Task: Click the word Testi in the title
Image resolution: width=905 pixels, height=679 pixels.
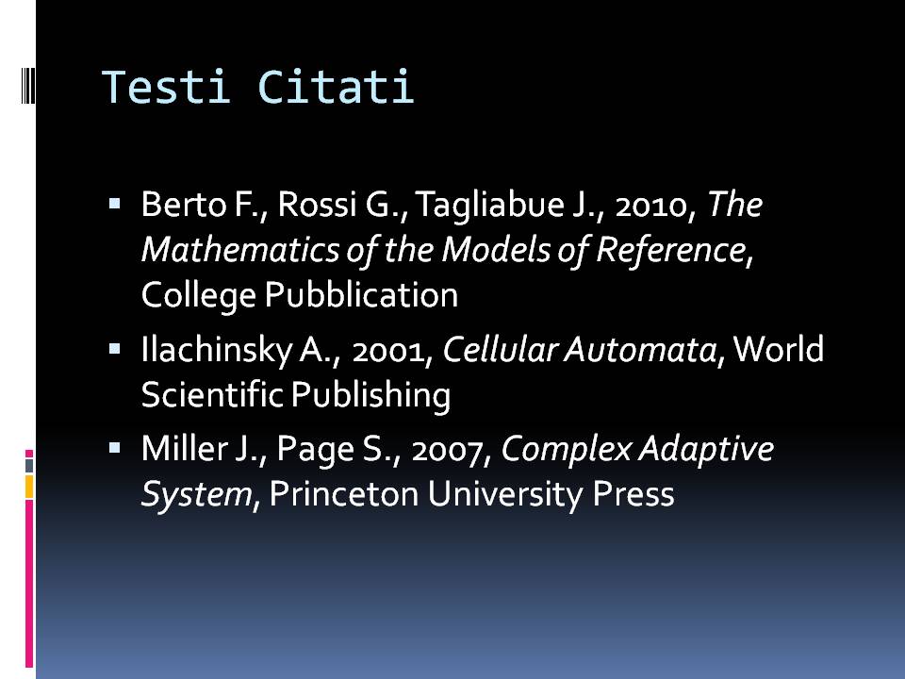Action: pyautogui.click(x=166, y=87)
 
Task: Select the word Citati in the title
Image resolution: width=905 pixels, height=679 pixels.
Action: pyautogui.click(x=336, y=87)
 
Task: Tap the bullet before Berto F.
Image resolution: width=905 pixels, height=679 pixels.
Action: pyautogui.click(x=114, y=204)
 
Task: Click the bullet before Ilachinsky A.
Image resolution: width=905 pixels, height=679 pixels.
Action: pyautogui.click(x=114, y=349)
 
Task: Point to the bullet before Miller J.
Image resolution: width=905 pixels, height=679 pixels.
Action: pyautogui.click(x=114, y=447)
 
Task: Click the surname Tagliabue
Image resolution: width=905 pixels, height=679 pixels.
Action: pyautogui.click(x=489, y=205)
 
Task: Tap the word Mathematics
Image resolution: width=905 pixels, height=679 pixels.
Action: pyautogui.click(x=239, y=249)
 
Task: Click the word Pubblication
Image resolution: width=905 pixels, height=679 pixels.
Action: pyautogui.click(x=361, y=294)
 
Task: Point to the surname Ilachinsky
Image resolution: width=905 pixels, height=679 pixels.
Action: pyautogui.click(x=217, y=350)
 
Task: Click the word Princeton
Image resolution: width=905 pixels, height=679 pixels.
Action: pyautogui.click(x=343, y=494)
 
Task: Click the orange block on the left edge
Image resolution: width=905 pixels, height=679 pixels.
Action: pyautogui.click(x=29, y=487)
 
